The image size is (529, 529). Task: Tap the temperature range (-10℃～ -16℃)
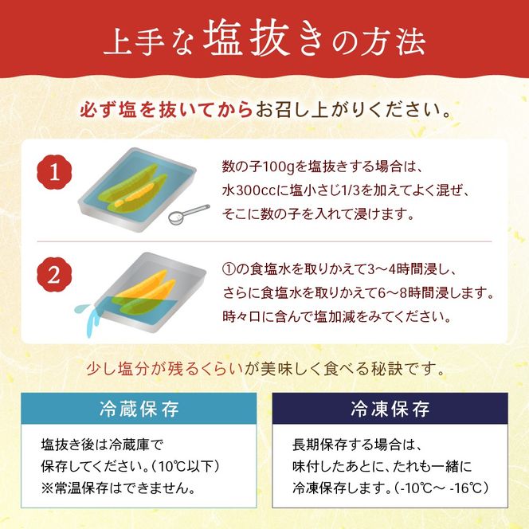pyautogui.click(x=443, y=487)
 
